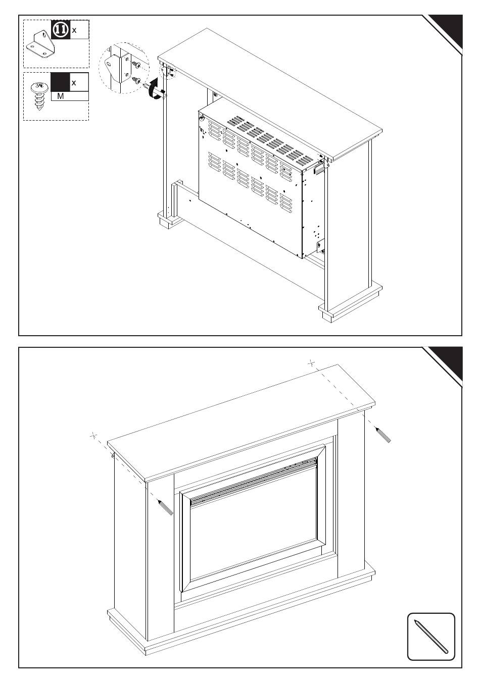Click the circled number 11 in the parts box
tap(61, 30)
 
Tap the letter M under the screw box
tap(61, 96)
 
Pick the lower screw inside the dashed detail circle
tap(136, 80)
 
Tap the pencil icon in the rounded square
tap(430, 636)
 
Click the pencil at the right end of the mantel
tap(383, 435)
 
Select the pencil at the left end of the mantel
tap(165, 507)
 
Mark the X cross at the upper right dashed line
tap(311, 363)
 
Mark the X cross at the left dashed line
tap(93, 436)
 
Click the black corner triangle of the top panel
tap(448, 30)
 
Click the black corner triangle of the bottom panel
tap(448, 363)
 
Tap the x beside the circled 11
tap(74, 30)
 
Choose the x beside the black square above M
tap(74, 83)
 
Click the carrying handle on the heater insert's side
tap(318, 168)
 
